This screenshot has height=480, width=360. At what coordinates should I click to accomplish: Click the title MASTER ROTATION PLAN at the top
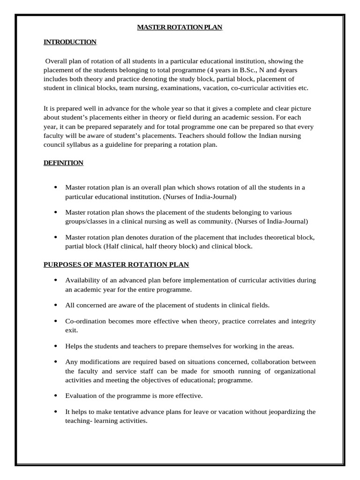(x=180, y=28)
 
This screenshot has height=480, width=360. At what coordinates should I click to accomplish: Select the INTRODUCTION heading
(x=70, y=42)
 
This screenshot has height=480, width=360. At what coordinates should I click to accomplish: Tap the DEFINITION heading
(x=63, y=163)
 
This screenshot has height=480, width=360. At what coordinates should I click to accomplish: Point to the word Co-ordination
(x=86, y=321)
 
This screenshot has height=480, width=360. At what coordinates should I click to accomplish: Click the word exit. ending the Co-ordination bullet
(x=72, y=330)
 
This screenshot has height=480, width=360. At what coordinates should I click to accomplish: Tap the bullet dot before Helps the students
(x=55, y=346)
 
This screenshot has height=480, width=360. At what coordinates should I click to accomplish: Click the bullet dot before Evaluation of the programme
(x=55, y=396)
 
